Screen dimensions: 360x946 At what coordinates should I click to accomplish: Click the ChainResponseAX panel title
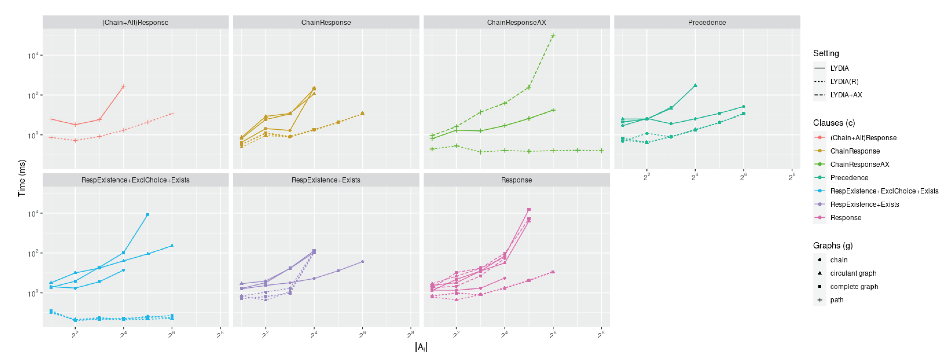(516, 22)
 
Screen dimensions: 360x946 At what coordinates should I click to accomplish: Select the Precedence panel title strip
(707, 22)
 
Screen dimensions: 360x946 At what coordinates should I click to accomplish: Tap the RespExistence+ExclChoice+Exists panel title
(135, 180)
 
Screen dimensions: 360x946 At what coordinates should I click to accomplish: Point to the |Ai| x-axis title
(421, 347)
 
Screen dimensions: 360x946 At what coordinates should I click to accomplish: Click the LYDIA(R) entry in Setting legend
(844, 81)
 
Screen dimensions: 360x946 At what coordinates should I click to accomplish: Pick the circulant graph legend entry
(853, 273)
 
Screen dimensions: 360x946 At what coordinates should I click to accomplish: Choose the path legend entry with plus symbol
(837, 300)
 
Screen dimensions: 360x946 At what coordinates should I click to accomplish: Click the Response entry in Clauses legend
(845, 217)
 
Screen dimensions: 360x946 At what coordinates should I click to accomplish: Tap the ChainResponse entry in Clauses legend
(855, 151)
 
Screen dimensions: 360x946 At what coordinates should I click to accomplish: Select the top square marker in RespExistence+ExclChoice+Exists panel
(148, 214)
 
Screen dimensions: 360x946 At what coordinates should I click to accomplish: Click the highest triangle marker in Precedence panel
(695, 85)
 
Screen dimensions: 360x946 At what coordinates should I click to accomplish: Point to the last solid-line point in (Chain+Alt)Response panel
(124, 86)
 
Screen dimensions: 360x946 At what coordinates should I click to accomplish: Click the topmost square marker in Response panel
(529, 209)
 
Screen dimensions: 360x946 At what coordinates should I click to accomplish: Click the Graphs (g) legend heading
(832, 245)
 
